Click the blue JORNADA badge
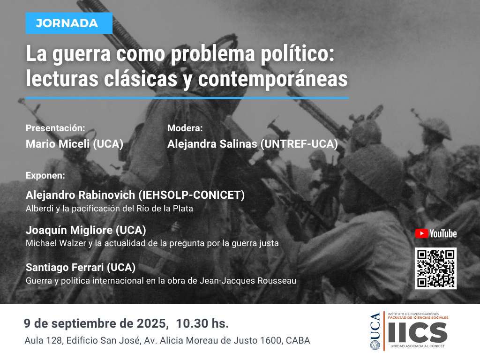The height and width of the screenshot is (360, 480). (69, 23)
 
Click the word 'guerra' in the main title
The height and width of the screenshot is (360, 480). (81, 54)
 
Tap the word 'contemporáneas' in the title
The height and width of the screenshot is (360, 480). (273, 79)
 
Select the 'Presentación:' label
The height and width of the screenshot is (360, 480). (55, 128)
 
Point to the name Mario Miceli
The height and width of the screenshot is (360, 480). (58, 144)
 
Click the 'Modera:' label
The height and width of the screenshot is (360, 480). (185, 128)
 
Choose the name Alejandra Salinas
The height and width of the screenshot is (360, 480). (212, 144)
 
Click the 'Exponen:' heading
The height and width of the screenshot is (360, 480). (45, 175)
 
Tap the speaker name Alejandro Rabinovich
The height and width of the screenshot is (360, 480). (80, 195)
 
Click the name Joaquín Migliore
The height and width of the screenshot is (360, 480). (69, 230)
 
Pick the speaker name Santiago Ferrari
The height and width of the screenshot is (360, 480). (65, 267)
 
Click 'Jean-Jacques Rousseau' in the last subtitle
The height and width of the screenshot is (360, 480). (248, 281)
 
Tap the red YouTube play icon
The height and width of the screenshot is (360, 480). (421, 233)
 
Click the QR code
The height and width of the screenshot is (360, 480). (435, 269)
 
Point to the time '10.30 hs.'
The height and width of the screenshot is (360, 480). (202, 323)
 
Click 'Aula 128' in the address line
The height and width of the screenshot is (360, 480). (43, 340)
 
